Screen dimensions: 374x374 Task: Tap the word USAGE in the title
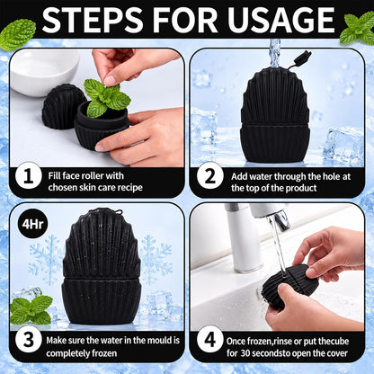[280, 20]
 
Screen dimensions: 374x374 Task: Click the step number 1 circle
[28, 176]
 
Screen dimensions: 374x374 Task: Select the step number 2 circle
[210, 176]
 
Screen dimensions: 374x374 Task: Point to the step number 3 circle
[29, 341]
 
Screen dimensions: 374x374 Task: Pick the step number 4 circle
[210, 341]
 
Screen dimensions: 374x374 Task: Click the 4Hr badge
[32, 224]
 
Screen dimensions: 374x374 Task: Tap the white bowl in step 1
[43, 71]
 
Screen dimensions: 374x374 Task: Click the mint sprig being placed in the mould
[105, 97]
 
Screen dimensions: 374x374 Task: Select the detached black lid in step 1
[59, 106]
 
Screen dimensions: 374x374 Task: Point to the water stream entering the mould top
[274, 53]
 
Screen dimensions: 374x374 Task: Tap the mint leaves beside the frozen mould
[31, 309]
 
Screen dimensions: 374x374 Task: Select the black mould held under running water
[289, 285]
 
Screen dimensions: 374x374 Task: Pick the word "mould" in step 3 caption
[152, 341]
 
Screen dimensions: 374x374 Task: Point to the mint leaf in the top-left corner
[18, 34]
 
